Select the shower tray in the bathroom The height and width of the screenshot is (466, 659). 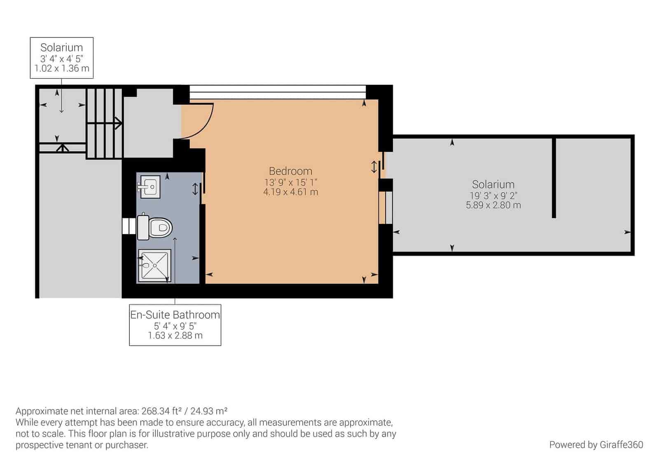pyautogui.click(x=154, y=265)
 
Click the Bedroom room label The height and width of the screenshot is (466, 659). pyautogui.click(x=290, y=171)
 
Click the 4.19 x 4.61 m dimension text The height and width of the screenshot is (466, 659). pyautogui.click(x=290, y=192)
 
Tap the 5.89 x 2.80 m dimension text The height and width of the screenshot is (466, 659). pyautogui.click(x=493, y=205)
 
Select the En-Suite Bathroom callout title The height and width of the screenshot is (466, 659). pyautogui.click(x=175, y=315)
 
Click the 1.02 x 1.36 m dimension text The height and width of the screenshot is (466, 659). pyautogui.click(x=62, y=68)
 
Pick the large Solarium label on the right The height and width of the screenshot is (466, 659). pyautogui.click(x=493, y=184)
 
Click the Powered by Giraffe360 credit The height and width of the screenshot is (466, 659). pyautogui.click(x=596, y=445)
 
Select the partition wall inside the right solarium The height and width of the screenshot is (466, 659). pyautogui.click(x=554, y=177)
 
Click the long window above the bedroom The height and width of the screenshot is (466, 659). pyautogui.click(x=277, y=92)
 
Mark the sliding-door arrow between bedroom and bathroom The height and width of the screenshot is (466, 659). pyautogui.click(x=195, y=189)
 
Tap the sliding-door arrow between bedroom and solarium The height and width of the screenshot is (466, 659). pyautogui.click(x=374, y=167)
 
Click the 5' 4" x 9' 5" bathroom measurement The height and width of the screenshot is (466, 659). pyautogui.click(x=175, y=326)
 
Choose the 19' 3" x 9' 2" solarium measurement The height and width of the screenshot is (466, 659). pyautogui.click(x=493, y=196)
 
